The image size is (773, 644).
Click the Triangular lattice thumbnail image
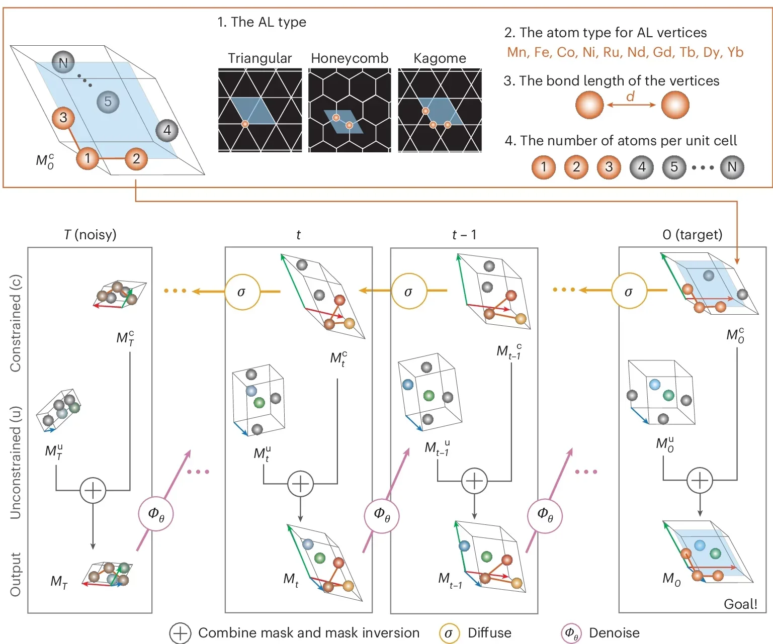pyautogui.click(x=260, y=110)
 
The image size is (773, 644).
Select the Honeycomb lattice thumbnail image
pyautogui.click(x=350, y=110)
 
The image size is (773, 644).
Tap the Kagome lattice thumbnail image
pyautogui.click(x=440, y=110)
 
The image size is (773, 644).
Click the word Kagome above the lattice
pyautogui.click(x=440, y=58)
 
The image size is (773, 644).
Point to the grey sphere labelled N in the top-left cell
pyautogui.click(x=63, y=63)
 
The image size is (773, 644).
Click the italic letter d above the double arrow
pyautogui.click(x=630, y=96)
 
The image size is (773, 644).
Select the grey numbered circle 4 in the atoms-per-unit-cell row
pyautogui.click(x=642, y=167)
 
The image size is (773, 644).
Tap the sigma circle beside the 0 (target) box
pyautogui.click(x=629, y=291)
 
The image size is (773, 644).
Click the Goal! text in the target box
pyautogui.click(x=740, y=604)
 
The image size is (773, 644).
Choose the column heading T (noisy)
pyautogui.click(x=90, y=234)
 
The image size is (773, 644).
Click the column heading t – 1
pyautogui.click(x=464, y=234)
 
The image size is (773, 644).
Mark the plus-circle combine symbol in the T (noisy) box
pyautogui.click(x=93, y=490)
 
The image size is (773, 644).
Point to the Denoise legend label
pyautogui.click(x=614, y=632)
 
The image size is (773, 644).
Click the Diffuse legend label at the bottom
pyautogui.click(x=489, y=632)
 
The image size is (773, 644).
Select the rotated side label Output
pyautogui.click(x=16, y=575)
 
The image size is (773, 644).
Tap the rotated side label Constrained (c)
pyautogui.click(x=16, y=323)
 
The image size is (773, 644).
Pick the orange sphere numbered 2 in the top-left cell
pyautogui.click(x=136, y=159)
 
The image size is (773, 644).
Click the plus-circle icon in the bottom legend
pyautogui.click(x=180, y=633)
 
